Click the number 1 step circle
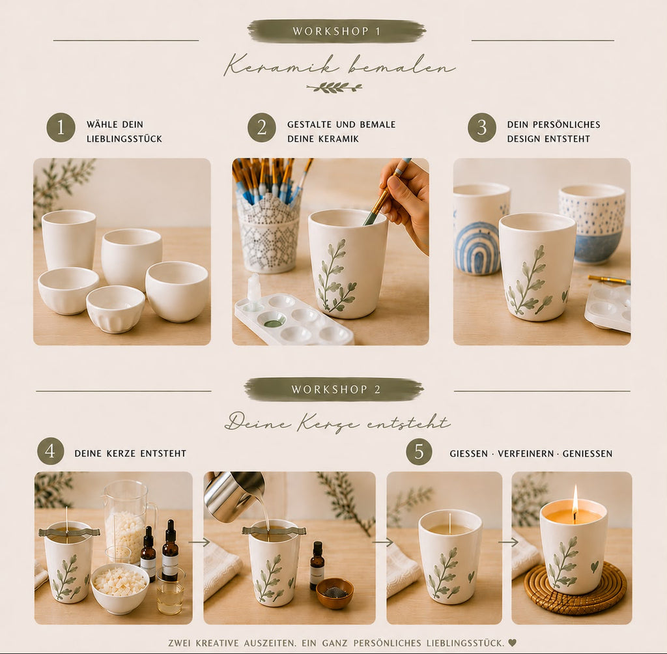point(61,127)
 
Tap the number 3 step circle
point(482,127)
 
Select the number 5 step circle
point(419,452)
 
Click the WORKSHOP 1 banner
point(337,31)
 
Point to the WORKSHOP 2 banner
point(334,390)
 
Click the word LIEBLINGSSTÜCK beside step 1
point(124,139)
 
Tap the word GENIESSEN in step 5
point(588,453)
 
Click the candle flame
point(575,498)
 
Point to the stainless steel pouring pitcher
point(234,494)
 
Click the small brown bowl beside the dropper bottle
point(335,592)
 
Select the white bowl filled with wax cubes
point(120,588)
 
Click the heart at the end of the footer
point(512,642)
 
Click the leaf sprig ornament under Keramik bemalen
point(334,88)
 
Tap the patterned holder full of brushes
point(268,233)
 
